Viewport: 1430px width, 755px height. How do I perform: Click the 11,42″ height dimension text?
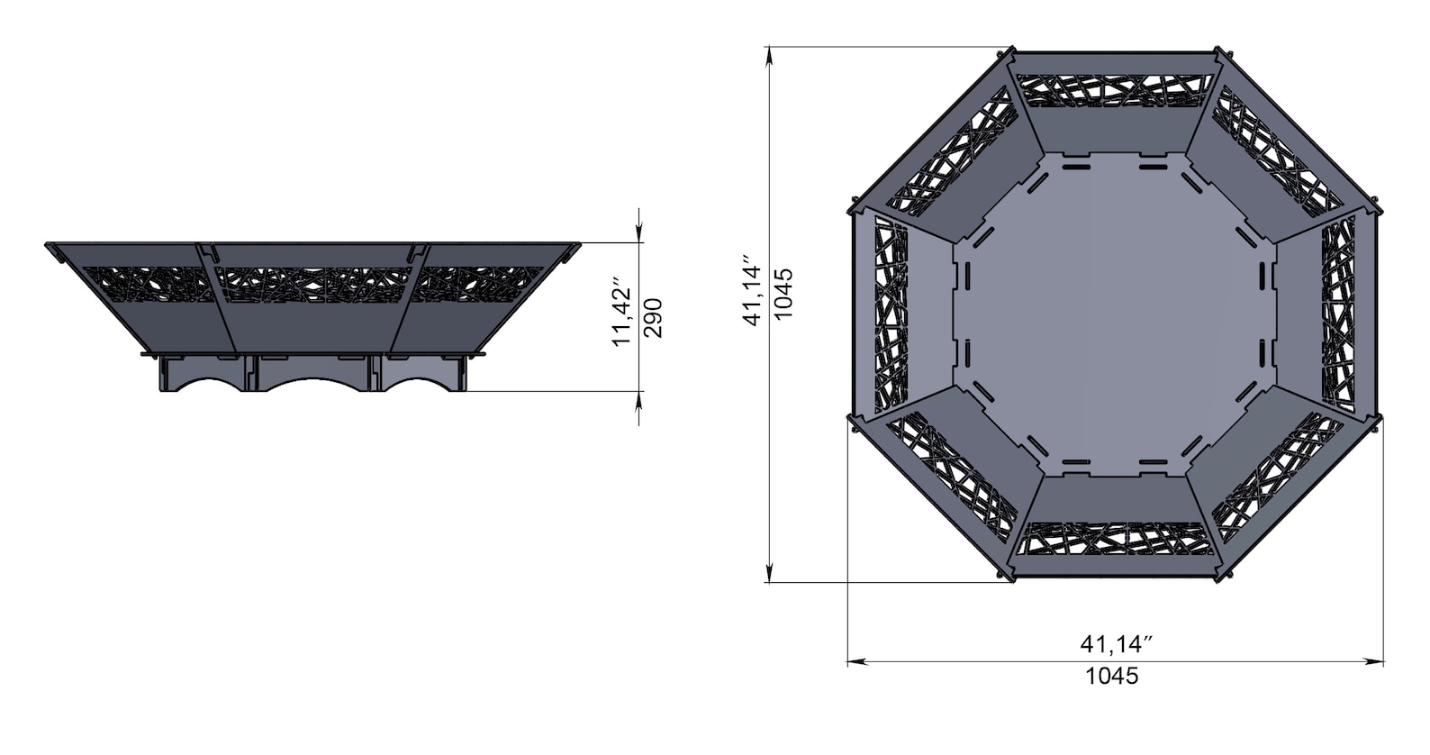click(x=621, y=317)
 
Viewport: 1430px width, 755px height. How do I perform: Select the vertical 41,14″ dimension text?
click(x=752, y=295)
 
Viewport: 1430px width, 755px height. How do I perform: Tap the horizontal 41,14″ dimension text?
click(x=1116, y=644)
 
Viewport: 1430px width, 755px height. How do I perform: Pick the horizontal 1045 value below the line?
click(x=1112, y=676)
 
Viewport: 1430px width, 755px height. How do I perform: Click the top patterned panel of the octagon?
click(x=1115, y=89)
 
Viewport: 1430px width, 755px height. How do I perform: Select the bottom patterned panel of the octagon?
click(x=1115, y=539)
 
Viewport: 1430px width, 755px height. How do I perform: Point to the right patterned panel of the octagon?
click(x=1338, y=314)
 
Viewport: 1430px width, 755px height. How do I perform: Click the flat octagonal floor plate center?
click(x=1115, y=314)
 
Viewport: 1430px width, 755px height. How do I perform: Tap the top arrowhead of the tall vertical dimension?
click(x=770, y=54)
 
